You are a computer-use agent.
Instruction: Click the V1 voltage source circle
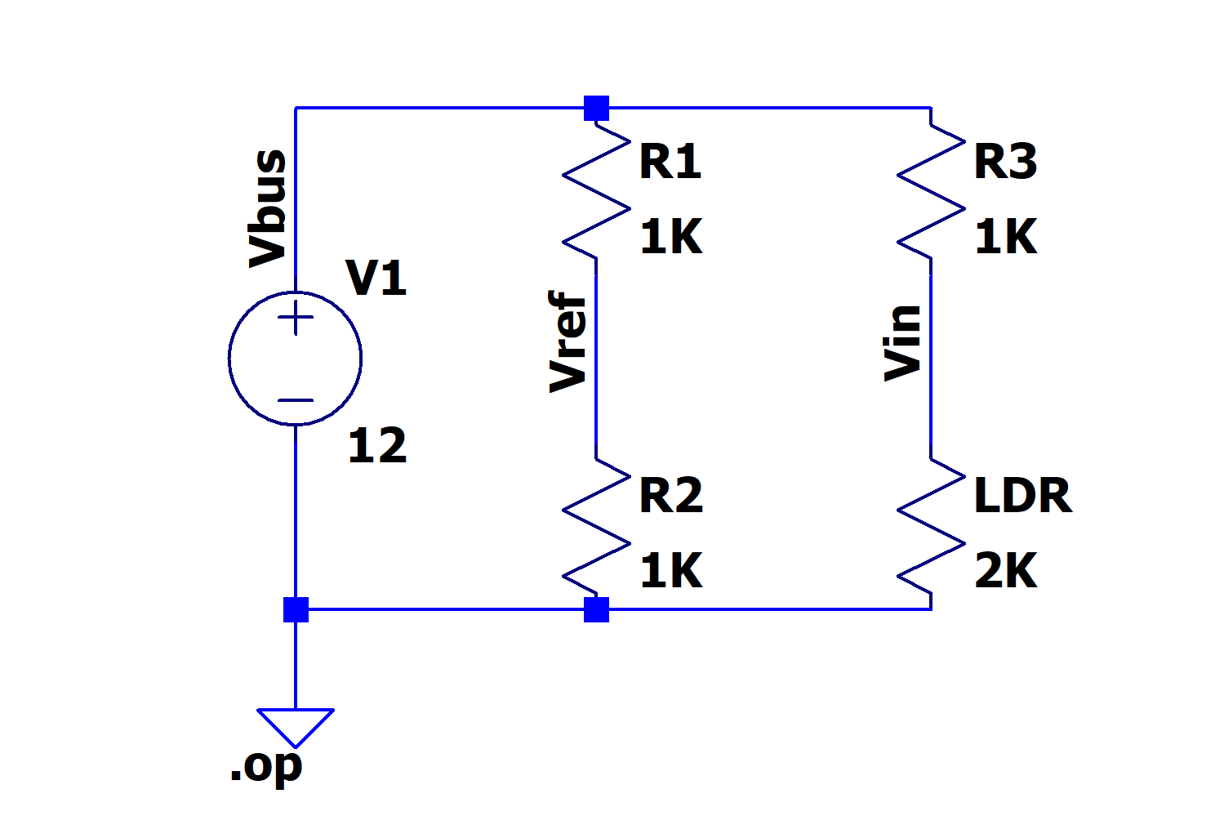pyautogui.click(x=295, y=358)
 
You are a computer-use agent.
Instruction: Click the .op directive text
pyautogui.click(x=266, y=766)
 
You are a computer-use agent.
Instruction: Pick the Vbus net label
pyautogui.click(x=268, y=208)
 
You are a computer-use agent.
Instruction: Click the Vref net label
pyautogui.click(x=568, y=341)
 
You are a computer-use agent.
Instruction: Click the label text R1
pyautogui.click(x=670, y=161)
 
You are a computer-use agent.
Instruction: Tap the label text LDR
pyautogui.click(x=1022, y=496)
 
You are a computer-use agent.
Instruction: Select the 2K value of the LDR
pyautogui.click(x=1006, y=571)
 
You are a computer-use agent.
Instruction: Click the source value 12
pyautogui.click(x=376, y=446)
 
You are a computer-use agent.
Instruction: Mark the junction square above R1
pyautogui.click(x=596, y=108)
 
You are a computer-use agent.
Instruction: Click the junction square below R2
pyautogui.click(x=596, y=609)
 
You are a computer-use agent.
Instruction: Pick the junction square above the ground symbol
pyautogui.click(x=296, y=609)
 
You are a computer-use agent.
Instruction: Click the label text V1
pyautogui.click(x=376, y=278)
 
